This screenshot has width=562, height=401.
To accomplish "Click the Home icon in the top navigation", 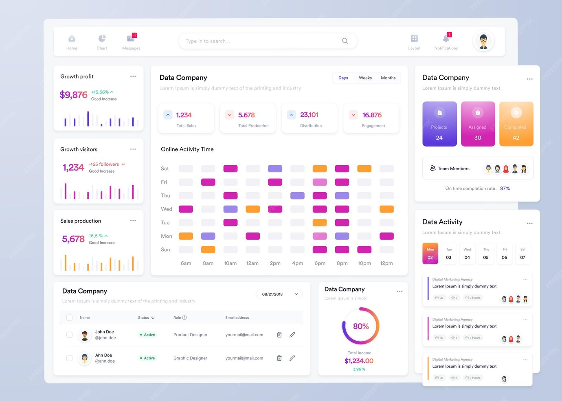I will [72, 39].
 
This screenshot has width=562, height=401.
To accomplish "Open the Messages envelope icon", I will [131, 39].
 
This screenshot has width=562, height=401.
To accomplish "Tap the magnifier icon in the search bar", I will [345, 41].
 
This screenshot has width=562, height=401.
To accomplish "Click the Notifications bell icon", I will [446, 39].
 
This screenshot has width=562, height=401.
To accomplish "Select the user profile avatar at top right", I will [483, 41].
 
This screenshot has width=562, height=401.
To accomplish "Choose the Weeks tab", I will [365, 78].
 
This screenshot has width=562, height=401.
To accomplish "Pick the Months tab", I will [388, 78].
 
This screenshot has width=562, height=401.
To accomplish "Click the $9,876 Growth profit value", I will [73, 95].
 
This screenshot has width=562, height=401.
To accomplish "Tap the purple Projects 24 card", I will [439, 124].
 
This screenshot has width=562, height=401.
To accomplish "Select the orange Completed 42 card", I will [516, 124].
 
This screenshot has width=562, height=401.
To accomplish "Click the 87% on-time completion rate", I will [505, 188].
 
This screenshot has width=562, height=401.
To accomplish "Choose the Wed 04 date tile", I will [467, 253].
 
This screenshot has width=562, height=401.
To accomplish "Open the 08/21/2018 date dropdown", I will [279, 294].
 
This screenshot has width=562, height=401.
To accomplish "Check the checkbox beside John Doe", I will [69, 335].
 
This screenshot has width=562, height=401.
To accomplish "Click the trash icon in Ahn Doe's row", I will [279, 358].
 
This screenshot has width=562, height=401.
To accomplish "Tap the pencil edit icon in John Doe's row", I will [292, 335].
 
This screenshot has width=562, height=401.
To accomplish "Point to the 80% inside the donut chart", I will [361, 326].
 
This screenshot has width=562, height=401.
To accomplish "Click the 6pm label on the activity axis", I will [320, 263].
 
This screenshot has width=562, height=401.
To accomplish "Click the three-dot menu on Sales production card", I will [133, 221].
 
